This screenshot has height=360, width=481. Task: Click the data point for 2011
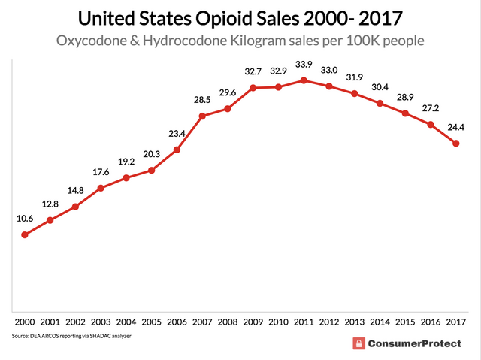(x=304, y=80)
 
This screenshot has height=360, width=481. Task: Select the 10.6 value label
(x=24, y=218)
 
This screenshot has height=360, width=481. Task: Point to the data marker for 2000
(x=24, y=234)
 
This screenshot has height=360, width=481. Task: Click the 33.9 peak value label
(x=304, y=64)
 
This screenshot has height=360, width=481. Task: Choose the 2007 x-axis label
(x=202, y=322)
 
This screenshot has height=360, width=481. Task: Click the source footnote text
(x=71, y=336)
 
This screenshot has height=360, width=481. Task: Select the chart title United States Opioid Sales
(x=240, y=17)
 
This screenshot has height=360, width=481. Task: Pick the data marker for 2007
(x=202, y=116)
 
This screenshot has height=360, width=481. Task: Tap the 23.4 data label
(x=177, y=133)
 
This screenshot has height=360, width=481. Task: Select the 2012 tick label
(x=329, y=322)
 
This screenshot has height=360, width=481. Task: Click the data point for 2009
(x=253, y=87)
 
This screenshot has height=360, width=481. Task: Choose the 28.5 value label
(x=202, y=100)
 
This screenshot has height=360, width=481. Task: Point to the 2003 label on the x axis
(x=101, y=322)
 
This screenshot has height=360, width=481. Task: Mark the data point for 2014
(x=380, y=103)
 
